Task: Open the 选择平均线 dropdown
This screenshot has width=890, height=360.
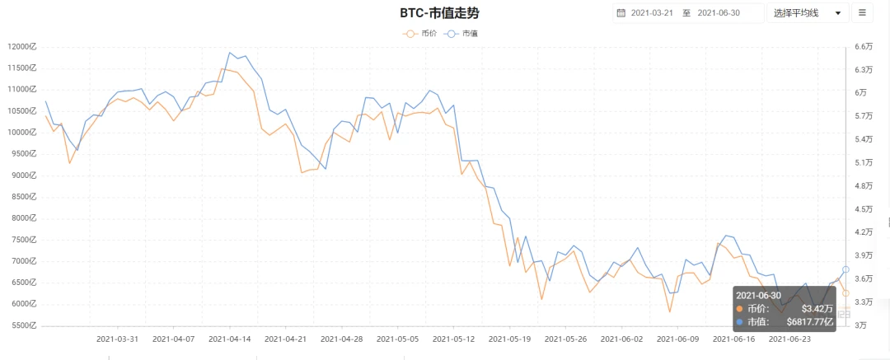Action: pos(807,13)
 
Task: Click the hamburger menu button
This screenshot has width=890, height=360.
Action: pos(862,13)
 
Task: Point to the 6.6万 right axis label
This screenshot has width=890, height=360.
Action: pos(864,47)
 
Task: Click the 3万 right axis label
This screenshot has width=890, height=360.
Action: pos(860,326)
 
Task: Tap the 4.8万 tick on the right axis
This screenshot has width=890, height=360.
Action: pos(864,186)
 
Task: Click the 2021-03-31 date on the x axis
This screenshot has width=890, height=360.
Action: pos(117,339)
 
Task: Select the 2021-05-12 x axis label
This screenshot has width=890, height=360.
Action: pos(453,339)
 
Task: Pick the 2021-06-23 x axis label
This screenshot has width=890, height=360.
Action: pos(789,339)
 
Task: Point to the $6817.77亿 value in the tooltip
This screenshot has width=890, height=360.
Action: pos(810,322)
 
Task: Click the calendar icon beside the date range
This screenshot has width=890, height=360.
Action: pos(621,13)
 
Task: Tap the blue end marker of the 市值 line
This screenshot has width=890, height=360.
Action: pos(845,270)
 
